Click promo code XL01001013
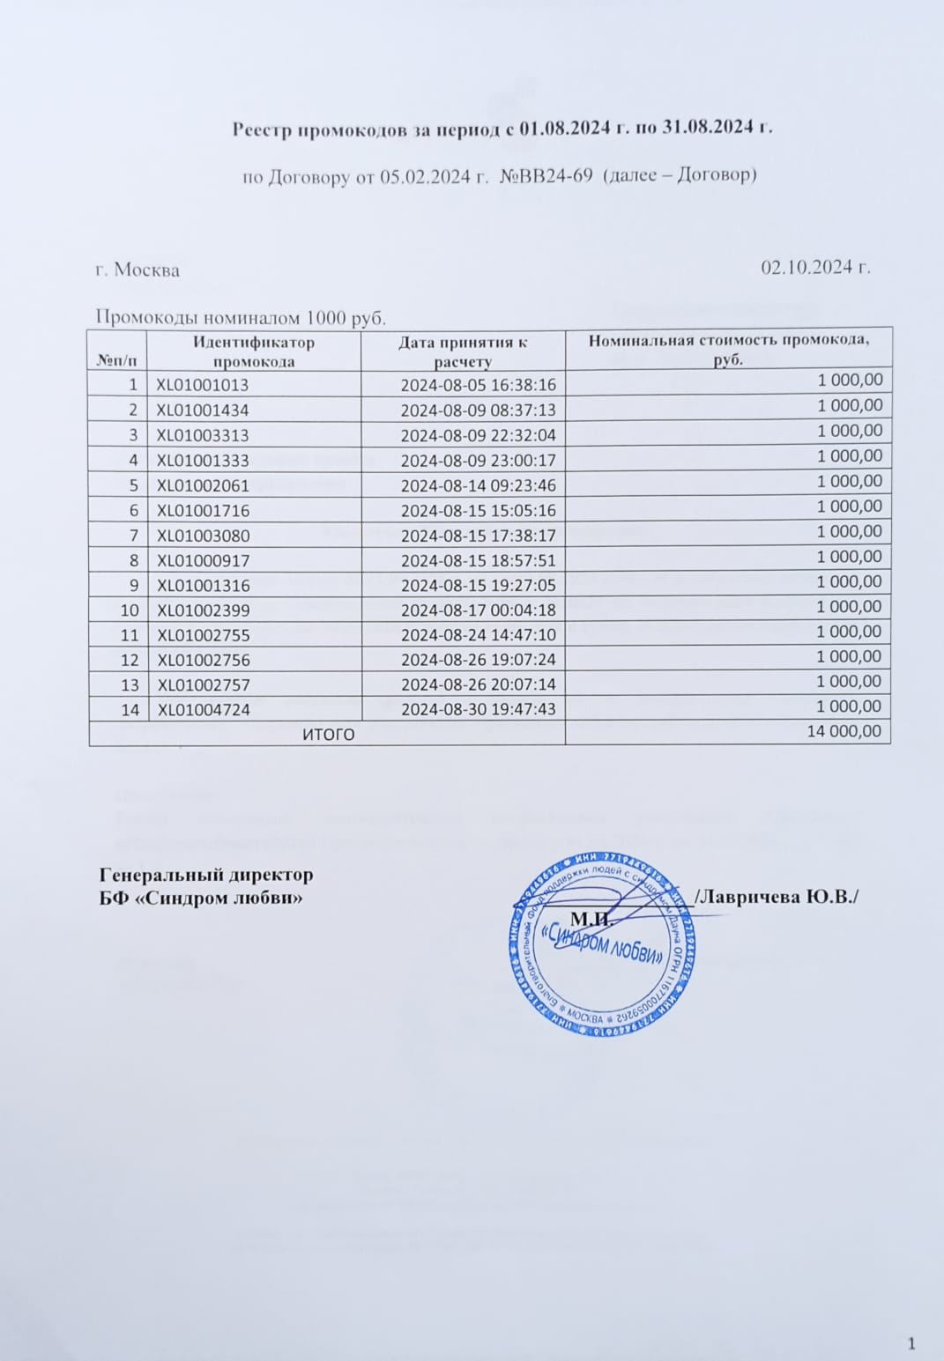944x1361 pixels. pos(203,385)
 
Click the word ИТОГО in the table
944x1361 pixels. pos(328,734)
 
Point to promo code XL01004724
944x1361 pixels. pos(203,709)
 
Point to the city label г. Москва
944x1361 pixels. pos(138,270)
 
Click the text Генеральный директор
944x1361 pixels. pos(205,875)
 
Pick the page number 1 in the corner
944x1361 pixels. pos(911,1343)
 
